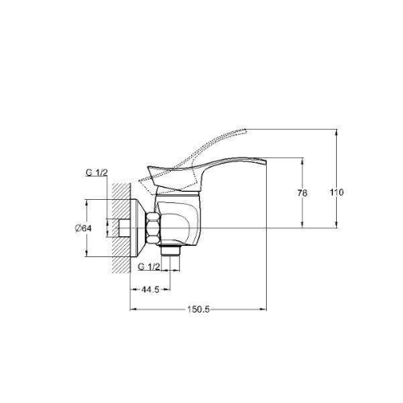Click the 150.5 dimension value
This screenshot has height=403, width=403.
click(x=198, y=310)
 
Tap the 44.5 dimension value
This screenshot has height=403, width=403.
click(x=151, y=289)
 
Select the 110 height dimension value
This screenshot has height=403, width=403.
click(x=337, y=193)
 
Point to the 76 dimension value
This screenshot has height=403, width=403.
click(x=302, y=193)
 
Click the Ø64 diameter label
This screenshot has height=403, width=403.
click(x=83, y=228)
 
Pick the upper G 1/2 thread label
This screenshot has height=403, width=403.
click(x=97, y=172)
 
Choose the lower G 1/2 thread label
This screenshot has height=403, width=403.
click(x=149, y=267)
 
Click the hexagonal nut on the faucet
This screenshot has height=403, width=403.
click(x=153, y=228)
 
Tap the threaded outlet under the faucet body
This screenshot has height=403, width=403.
click(x=170, y=251)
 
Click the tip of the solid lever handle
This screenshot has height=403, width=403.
click(x=265, y=161)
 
